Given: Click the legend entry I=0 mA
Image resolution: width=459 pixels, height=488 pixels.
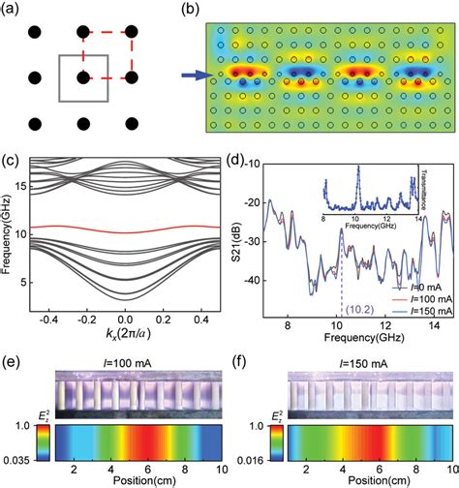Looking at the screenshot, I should [x=418, y=287].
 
